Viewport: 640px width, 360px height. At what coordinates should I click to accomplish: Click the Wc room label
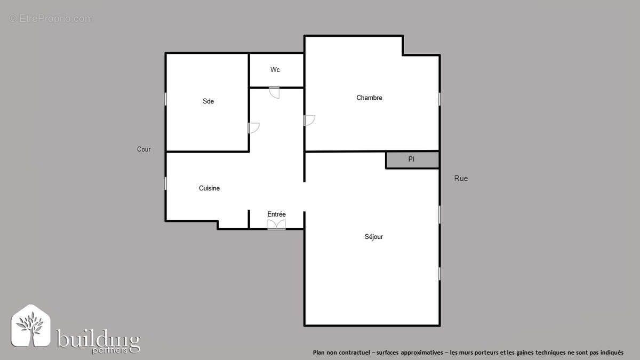[x=275, y=70]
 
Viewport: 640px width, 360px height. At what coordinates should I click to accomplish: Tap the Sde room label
[x=208, y=101]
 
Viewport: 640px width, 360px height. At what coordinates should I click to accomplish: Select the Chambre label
[x=369, y=98]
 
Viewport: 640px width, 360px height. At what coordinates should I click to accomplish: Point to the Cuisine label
[x=209, y=188]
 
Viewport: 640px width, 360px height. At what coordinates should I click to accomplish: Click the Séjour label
[x=373, y=237]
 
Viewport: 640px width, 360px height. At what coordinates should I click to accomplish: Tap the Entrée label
[x=276, y=214]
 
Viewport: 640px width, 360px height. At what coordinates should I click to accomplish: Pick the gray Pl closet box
[x=412, y=159]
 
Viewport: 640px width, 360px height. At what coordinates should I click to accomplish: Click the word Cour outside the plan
[x=143, y=149]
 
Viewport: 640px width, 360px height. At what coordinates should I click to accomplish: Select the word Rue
[x=461, y=179]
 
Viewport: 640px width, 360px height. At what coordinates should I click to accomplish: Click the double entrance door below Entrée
[x=276, y=225]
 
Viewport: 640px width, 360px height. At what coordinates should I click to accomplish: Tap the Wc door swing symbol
[x=275, y=92]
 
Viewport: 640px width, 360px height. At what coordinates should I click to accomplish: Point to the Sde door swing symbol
[x=253, y=128]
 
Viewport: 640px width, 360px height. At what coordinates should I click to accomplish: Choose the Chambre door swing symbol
[x=309, y=121]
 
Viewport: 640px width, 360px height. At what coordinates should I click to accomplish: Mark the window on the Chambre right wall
[x=439, y=99]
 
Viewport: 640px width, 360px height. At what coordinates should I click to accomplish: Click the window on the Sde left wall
[x=166, y=99]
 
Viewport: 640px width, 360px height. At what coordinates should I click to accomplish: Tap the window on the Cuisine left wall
[x=166, y=183]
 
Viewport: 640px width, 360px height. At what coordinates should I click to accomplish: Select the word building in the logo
[x=99, y=339]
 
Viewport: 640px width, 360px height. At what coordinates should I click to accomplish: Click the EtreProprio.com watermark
[x=51, y=19]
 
